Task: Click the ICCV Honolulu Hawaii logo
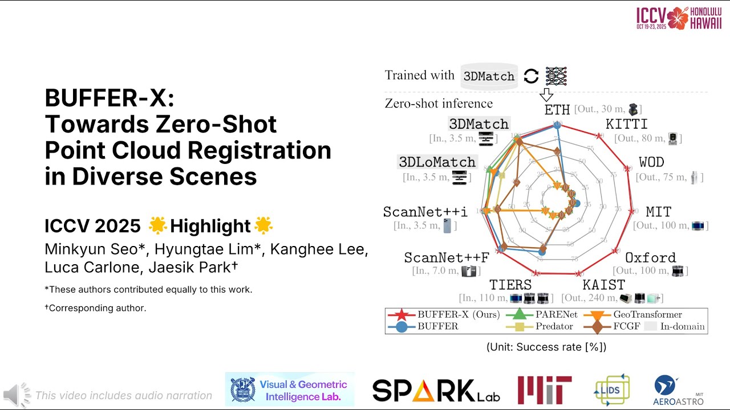tap(679, 18)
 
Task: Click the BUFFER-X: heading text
tap(109, 98)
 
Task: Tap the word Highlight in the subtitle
tap(210, 226)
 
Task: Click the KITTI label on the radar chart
tap(626, 124)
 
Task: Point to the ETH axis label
tap(557, 109)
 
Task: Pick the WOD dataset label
tap(651, 162)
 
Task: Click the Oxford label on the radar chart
tap(650, 258)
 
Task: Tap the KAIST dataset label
tap(603, 285)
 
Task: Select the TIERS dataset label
tap(510, 285)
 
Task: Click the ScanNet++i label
tap(425, 212)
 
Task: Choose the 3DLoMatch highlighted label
tap(437, 162)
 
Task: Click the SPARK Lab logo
tap(436, 391)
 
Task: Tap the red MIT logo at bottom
tap(544, 390)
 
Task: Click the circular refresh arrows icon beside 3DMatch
tap(531, 76)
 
